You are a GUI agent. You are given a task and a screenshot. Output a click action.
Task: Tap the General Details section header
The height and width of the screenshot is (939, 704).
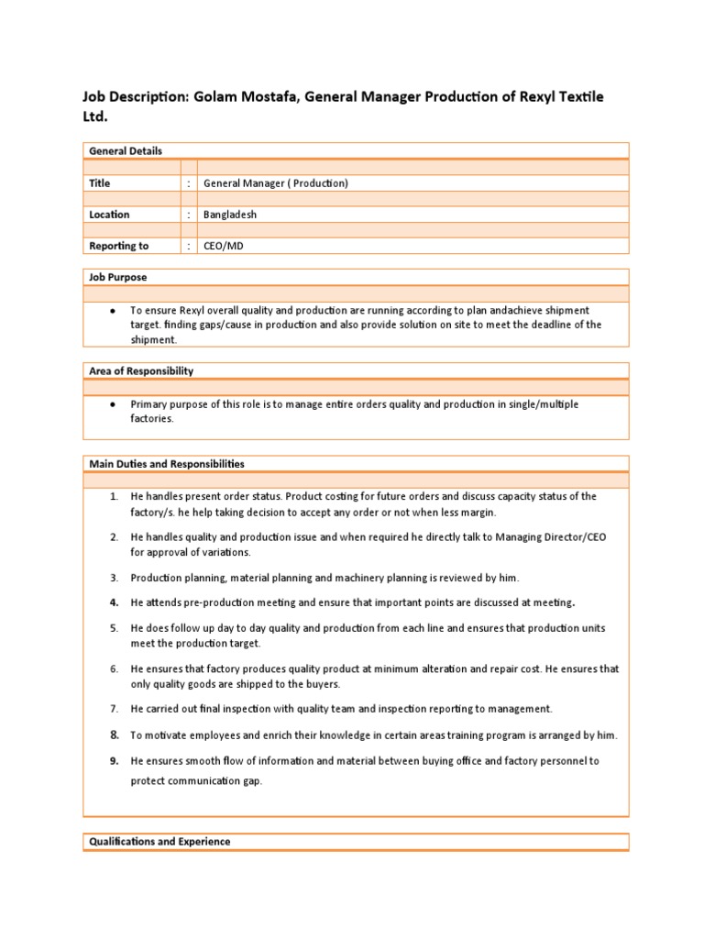click(x=125, y=150)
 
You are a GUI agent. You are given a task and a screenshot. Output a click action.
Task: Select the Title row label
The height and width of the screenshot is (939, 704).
click(x=99, y=183)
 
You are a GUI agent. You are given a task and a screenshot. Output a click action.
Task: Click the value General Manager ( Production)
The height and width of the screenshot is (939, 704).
click(x=276, y=183)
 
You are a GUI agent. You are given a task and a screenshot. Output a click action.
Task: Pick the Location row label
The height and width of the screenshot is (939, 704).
click(x=109, y=215)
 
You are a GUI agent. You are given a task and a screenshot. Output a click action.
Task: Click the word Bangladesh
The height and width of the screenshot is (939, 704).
click(x=230, y=215)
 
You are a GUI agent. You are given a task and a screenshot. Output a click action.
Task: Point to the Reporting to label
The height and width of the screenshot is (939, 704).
click(x=118, y=246)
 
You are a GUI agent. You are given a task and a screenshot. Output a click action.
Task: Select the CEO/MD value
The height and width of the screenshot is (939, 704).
click(x=225, y=246)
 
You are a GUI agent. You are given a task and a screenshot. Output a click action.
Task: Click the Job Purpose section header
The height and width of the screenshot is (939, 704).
click(x=117, y=277)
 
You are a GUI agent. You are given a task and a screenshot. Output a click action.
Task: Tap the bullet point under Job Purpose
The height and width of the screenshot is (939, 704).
click(x=111, y=311)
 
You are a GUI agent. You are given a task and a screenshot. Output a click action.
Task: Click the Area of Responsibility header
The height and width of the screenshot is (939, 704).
click(x=140, y=370)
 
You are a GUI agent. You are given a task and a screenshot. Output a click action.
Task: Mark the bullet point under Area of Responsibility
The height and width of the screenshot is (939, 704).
click(x=111, y=404)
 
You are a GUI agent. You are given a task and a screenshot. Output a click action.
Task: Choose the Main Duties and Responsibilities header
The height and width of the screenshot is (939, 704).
click(x=166, y=464)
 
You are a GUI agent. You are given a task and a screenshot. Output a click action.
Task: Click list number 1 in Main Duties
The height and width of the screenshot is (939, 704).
click(x=114, y=497)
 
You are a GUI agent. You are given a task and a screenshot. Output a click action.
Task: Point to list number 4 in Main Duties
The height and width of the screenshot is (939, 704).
click(x=114, y=602)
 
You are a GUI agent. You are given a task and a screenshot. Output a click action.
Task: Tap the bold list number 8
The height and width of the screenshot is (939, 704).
click(x=115, y=735)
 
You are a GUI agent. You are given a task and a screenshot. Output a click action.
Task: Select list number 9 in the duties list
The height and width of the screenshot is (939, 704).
click(x=115, y=761)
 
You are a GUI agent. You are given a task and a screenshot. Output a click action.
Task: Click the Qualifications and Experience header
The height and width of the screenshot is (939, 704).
click(x=159, y=841)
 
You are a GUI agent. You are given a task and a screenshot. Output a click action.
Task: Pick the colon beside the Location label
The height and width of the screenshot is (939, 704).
click(x=189, y=215)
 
